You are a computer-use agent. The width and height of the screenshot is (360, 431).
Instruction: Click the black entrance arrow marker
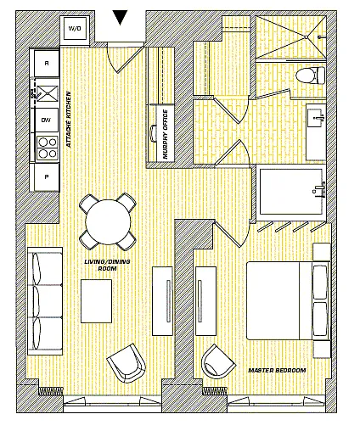(x=120, y=17)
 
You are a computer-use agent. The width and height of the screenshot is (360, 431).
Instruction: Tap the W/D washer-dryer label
(x=75, y=28)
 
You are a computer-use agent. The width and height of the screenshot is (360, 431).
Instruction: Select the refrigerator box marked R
(x=47, y=63)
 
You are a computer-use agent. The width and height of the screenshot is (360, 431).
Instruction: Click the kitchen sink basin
(x=48, y=93)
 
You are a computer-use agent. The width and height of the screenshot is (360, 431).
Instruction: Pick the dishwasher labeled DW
(x=47, y=120)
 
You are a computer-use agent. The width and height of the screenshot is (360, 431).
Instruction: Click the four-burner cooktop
(x=48, y=148)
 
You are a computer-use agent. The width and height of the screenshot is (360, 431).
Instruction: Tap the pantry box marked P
(x=47, y=177)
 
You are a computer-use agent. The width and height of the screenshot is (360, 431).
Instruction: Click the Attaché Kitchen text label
(x=69, y=120)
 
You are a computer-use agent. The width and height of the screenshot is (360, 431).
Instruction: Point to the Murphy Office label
(x=166, y=134)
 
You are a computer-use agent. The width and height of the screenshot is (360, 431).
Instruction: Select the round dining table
(x=108, y=222)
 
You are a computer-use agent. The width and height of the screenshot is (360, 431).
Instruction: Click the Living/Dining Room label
(x=107, y=265)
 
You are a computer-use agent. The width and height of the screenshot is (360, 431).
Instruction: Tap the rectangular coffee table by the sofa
(x=96, y=301)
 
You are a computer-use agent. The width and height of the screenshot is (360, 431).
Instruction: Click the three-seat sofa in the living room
(x=45, y=301)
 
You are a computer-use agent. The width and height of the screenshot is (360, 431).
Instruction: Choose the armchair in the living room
(x=127, y=363)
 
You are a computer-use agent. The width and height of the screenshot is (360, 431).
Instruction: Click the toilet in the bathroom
(x=310, y=76)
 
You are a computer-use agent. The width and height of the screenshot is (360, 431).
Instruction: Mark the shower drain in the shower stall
(x=306, y=37)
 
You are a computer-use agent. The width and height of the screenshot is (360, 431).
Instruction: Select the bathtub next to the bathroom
(x=291, y=192)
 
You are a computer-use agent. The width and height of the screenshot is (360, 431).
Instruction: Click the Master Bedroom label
(x=277, y=370)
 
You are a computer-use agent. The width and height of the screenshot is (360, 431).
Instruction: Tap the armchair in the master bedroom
(x=218, y=361)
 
